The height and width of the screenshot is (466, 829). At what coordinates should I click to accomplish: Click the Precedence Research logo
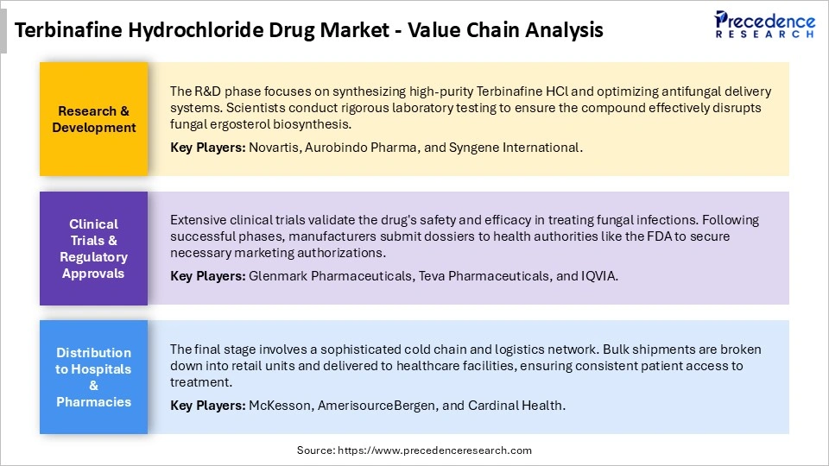click(765, 24)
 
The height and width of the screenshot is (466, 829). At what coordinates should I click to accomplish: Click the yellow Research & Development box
click(94, 119)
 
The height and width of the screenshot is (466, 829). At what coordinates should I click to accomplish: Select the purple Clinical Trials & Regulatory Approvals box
click(94, 249)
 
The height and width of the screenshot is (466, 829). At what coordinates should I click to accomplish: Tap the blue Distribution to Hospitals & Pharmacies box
click(94, 377)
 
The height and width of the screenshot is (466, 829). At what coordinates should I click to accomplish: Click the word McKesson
click(276, 405)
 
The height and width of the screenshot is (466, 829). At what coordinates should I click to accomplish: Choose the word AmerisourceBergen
click(372, 405)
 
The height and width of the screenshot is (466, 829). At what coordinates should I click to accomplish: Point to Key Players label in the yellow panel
click(207, 148)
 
